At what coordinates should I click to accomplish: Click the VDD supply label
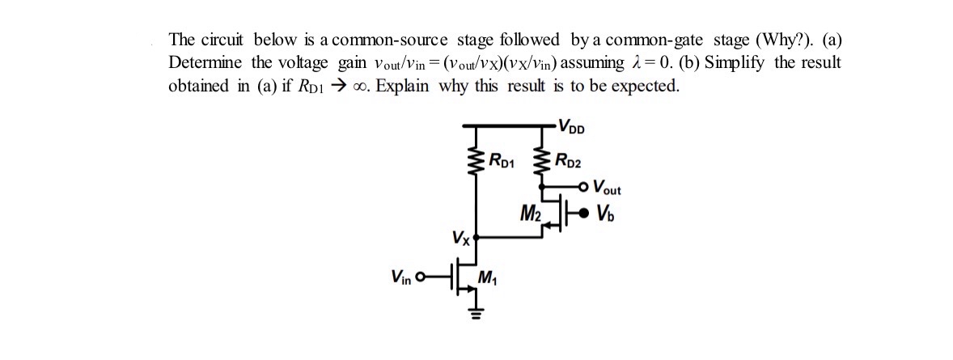572,127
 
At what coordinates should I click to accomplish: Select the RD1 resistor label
502,159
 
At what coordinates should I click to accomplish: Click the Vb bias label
605,214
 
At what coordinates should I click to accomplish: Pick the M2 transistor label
531,214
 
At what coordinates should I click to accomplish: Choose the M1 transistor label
488,281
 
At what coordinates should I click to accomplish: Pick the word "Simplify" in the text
737,63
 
